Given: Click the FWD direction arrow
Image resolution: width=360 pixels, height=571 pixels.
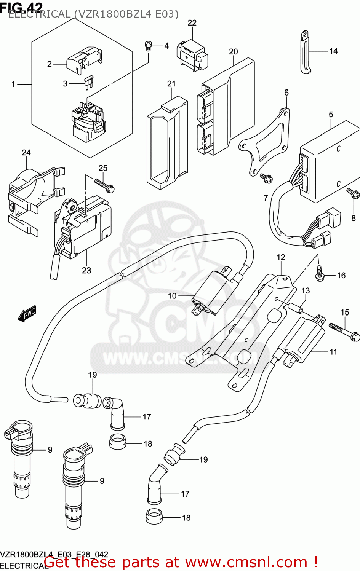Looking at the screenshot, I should pyautogui.click(x=27, y=314).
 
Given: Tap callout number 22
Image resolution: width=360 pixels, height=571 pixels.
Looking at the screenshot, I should pyautogui.click(x=192, y=23).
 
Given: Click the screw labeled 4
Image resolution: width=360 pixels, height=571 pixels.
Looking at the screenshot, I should pyautogui.click(x=149, y=46).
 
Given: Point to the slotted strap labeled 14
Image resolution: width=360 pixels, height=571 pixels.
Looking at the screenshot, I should pyautogui.click(x=305, y=52).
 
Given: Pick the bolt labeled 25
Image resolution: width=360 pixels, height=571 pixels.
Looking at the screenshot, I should pyautogui.click(x=104, y=185).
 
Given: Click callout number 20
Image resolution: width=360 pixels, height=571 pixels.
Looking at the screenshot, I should pyautogui.click(x=233, y=51).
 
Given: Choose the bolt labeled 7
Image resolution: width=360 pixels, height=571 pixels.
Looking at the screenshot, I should pyautogui.click(x=266, y=178).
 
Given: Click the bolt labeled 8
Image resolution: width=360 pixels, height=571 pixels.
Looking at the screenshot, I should pyautogui.click(x=353, y=193).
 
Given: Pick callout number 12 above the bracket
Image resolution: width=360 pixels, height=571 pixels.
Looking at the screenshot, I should pyautogui.click(x=281, y=257).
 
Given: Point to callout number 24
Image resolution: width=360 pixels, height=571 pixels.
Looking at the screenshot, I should pyautogui.click(x=26, y=153).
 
